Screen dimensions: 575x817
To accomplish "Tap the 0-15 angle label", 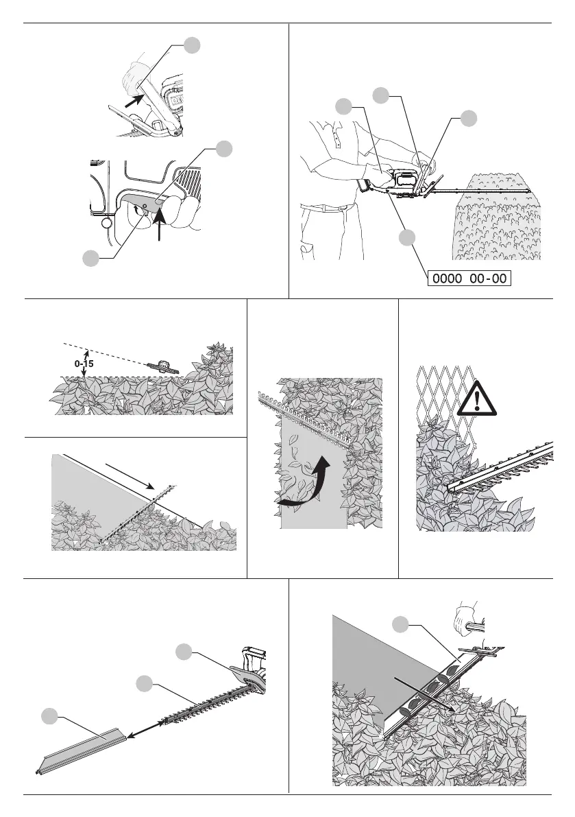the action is (x=84, y=364).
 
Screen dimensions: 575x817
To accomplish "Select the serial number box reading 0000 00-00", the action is (x=469, y=279).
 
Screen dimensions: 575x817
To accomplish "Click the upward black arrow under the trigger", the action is (x=159, y=221).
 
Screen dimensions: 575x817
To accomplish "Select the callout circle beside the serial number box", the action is (x=407, y=237).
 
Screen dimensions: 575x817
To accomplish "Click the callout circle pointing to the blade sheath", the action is (x=50, y=716).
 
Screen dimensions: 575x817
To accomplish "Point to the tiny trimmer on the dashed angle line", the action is (x=163, y=367).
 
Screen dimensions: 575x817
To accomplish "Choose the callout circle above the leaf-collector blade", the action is (x=400, y=624).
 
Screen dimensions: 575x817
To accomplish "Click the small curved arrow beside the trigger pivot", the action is (x=137, y=209).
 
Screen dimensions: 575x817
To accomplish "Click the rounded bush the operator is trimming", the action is (x=497, y=216).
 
